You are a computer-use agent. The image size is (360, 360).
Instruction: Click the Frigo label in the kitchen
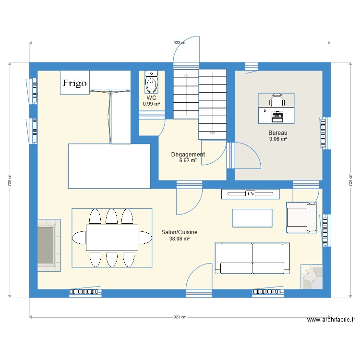point(74,83)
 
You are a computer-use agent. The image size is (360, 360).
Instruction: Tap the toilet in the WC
point(151,82)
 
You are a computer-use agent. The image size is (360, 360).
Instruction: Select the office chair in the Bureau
point(277,100)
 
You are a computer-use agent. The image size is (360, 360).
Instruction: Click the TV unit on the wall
point(251,194)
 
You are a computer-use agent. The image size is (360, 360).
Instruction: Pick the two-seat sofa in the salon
point(252,258)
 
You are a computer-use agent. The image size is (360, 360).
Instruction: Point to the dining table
point(112,238)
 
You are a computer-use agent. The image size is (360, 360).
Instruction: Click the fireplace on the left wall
point(49,245)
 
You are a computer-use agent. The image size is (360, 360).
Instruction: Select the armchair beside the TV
point(301,217)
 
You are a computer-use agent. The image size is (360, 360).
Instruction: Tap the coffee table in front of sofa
point(252,218)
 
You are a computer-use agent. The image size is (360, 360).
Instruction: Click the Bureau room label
point(278,132)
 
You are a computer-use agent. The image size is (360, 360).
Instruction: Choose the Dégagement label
point(188,154)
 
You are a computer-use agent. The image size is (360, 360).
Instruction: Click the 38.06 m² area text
point(180,239)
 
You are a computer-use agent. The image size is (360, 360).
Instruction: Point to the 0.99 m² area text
point(152,104)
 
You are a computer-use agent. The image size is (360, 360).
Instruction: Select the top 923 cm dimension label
point(180,43)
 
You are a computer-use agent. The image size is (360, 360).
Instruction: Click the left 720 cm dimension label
point(10,180)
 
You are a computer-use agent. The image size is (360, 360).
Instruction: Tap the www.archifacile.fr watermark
point(331,320)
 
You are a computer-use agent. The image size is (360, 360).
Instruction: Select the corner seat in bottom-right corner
point(312,277)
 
